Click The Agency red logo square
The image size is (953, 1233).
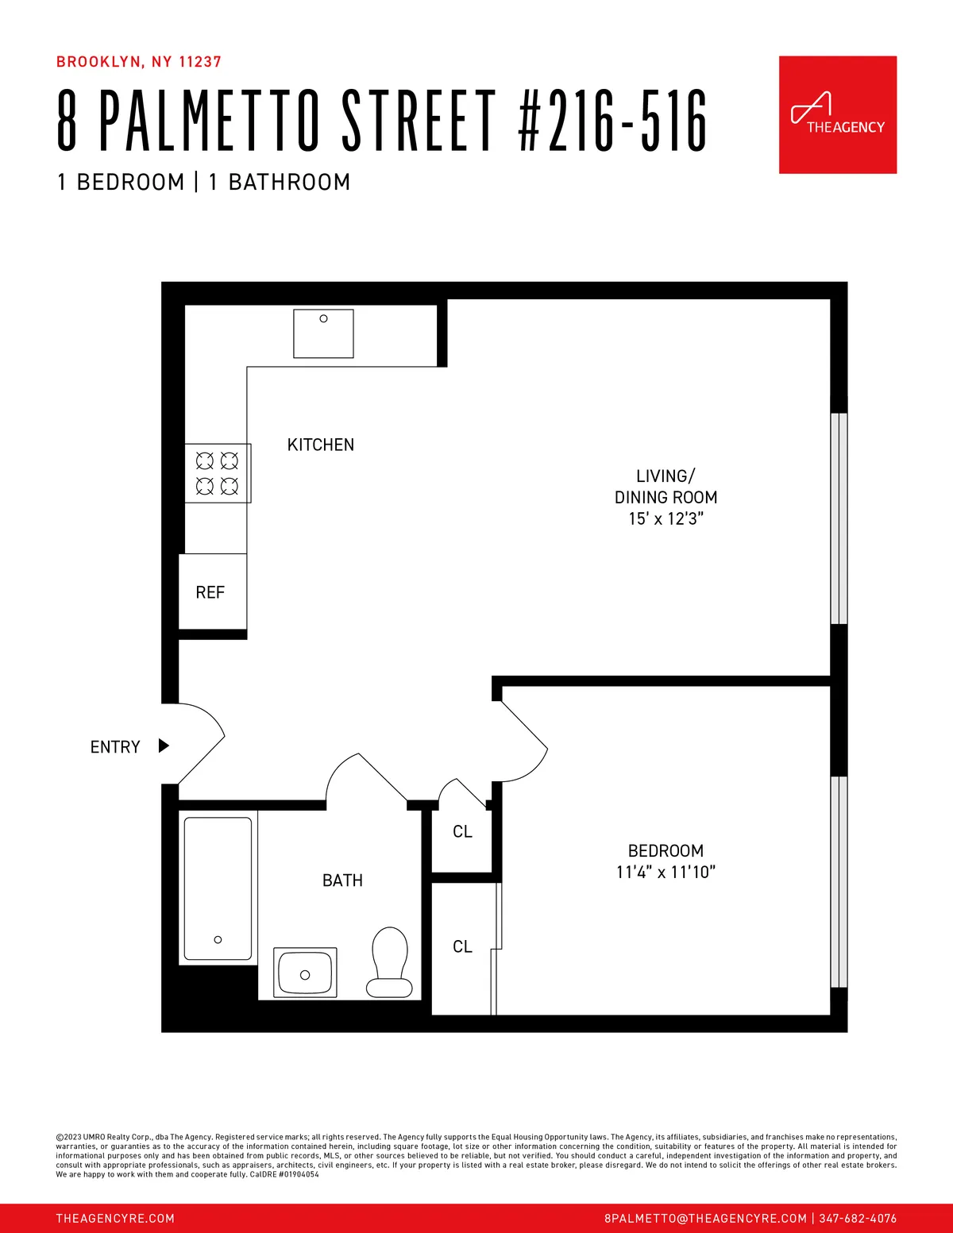(837, 114)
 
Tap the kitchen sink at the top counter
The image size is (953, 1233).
(323, 334)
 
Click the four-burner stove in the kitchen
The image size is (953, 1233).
(218, 473)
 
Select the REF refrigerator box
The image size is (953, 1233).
(211, 592)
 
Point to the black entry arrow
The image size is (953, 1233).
(164, 746)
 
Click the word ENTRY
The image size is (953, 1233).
(115, 747)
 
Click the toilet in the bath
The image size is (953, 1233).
(390, 962)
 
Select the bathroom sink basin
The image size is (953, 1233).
(305, 973)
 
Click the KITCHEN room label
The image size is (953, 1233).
(321, 445)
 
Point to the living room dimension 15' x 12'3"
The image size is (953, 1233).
(666, 518)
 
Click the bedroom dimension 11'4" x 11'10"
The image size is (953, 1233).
(666, 872)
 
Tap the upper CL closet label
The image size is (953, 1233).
(462, 831)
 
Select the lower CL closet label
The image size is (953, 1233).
(462, 946)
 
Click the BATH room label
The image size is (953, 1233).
(342, 880)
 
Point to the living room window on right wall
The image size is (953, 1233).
(839, 518)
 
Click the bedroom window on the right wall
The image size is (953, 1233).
(839, 881)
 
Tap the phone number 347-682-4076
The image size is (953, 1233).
(858, 1218)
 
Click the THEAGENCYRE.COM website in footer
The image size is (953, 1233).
(115, 1218)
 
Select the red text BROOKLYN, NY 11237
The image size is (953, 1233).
(139, 62)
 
